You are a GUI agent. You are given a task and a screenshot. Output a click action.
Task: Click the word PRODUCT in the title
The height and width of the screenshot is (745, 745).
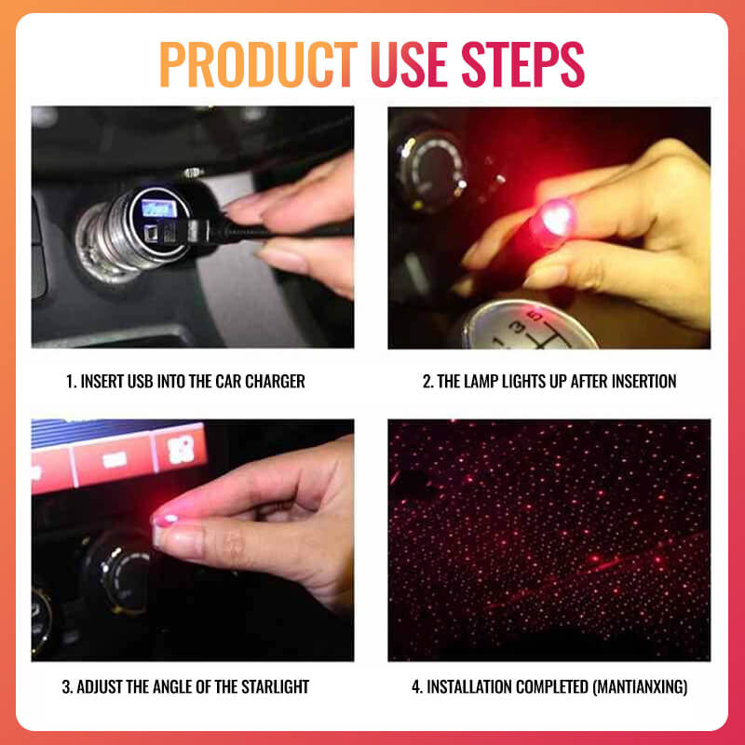click(259, 64)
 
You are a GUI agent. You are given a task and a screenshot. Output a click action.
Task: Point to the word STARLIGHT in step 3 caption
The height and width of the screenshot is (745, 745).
click(269, 687)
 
